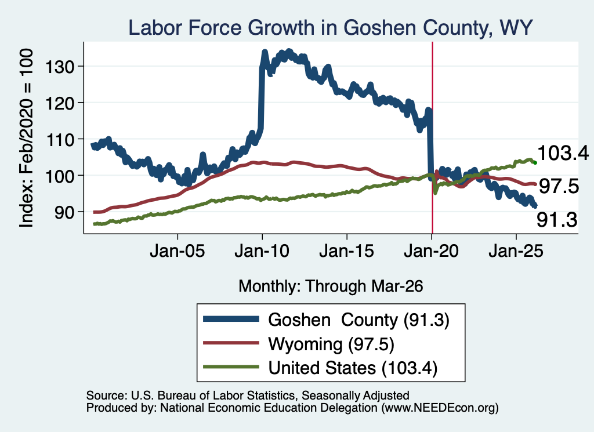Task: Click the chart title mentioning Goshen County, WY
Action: point(330,28)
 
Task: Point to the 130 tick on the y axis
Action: point(60,67)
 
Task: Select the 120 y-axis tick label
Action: point(60,103)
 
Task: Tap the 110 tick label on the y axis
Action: point(60,140)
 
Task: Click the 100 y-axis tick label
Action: point(60,176)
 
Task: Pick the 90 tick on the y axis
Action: point(64,212)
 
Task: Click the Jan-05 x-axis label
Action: point(178,251)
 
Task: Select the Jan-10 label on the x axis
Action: point(262,251)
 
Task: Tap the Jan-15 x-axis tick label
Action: point(347,251)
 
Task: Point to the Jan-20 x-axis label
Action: point(432,251)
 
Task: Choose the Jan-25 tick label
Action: point(516,251)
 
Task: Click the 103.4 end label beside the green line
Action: point(563,153)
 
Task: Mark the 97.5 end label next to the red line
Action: point(559,186)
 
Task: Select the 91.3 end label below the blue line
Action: point(557,220)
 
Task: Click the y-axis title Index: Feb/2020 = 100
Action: point(26,138)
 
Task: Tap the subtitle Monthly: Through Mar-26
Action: point(331,286)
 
